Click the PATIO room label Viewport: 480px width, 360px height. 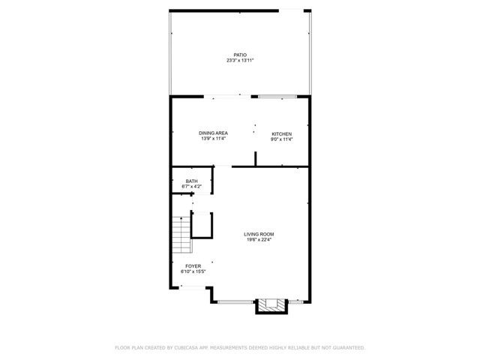[240, 54]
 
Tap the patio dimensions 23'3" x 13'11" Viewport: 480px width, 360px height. [240, 60]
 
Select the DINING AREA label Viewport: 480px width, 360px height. [213, 133]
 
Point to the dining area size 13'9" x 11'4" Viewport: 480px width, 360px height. [213, 139]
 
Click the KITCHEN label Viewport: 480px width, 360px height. [281, 133]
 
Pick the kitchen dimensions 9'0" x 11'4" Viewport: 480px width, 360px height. [281, 139]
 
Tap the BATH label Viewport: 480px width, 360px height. [192, 181]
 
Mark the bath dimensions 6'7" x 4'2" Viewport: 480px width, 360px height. [192, 186]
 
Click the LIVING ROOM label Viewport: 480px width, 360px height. [259, 235]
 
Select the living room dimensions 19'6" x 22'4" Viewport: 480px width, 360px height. [259, 241]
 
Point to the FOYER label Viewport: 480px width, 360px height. [193, 265]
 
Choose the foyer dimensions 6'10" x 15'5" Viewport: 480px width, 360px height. [193, 271]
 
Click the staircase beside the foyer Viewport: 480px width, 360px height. [180, 234]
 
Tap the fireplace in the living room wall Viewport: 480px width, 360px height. [271, 304]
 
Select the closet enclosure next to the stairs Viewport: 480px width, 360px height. [202, 224]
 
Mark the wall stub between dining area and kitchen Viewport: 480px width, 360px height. [256, 158]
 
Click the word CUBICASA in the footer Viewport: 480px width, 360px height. [188, 348]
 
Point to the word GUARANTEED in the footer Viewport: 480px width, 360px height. [347, 348]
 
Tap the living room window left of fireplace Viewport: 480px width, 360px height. [235, 301]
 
